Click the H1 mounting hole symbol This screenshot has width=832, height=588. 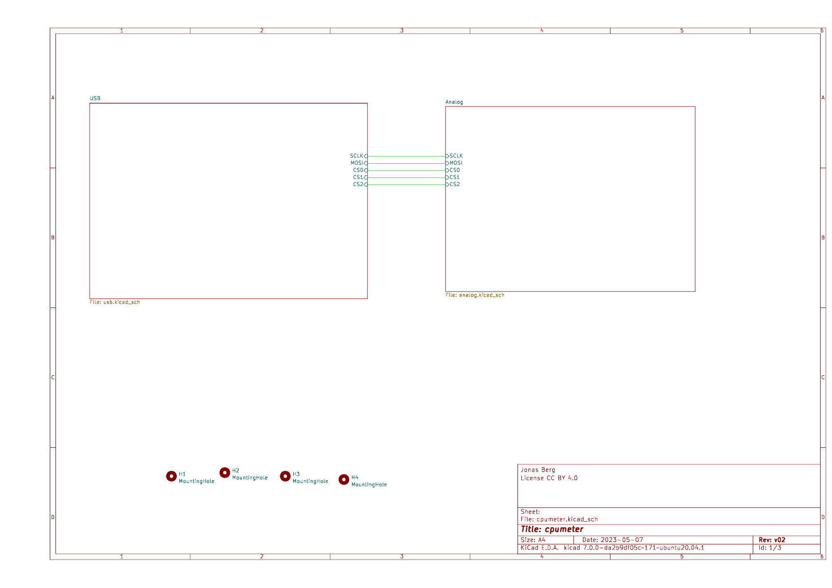pyautogui.click(x=171, y=476)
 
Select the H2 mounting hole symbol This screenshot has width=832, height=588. pyautogui.click(x=225, y=472)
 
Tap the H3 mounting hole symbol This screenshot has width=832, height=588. pyautogui.click(x=285, y=476)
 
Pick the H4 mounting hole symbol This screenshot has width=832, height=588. pyautogui.click(x=344, y=479)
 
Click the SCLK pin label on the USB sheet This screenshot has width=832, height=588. pyautogui.click(x=357, y=156)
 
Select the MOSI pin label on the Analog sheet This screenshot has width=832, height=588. pyautogui.click(x=456, y=163)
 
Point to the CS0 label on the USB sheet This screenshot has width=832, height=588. pyautogui.click(x=358, y=170)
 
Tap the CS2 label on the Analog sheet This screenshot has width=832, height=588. pyautogui.click(x=454, y=184)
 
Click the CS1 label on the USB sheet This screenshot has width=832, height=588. pyautogui.click(x=358, y=177)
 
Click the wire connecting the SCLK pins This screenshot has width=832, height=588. pyautogui.click(x=407, y=156)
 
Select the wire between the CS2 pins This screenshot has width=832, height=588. pyautogui.click(x=407, y=184)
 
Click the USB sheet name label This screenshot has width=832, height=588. pyautogui.click(x=95, y=99)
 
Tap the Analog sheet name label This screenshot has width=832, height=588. pyautogui.click(x=454, y=102)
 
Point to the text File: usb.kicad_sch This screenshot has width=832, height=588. pyautogui.click(x=115, y=302)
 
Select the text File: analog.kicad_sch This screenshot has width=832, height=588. pyautogui.click(x=475, y=295)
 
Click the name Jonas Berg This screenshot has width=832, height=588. pyautogui.click(x=538, y=470)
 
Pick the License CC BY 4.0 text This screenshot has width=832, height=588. pyautogui.click(x=549, y=478)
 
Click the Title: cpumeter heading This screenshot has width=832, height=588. pyautogui.click(x=552, y=529)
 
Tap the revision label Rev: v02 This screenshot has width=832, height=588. pyautogui.click(x=772, y=540)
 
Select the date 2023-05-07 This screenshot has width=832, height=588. pyautogui.click(x=621, y=540)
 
